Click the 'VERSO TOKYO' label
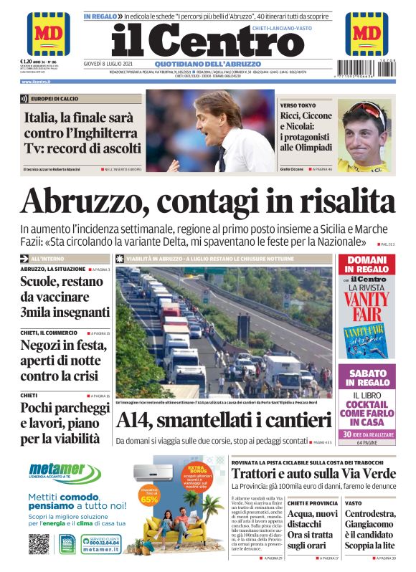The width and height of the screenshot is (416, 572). click(x=297, y=105)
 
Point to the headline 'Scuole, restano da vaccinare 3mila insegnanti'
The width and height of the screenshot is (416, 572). click(x=65, y=297)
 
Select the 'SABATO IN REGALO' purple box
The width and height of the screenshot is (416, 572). click(x=367, y=378)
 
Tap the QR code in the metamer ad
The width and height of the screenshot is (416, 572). click(x=39, y=543)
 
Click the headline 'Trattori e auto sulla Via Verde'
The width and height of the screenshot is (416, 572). click(x=313, y=475)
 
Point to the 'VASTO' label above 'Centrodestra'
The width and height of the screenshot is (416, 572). click(x=353, y=503)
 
